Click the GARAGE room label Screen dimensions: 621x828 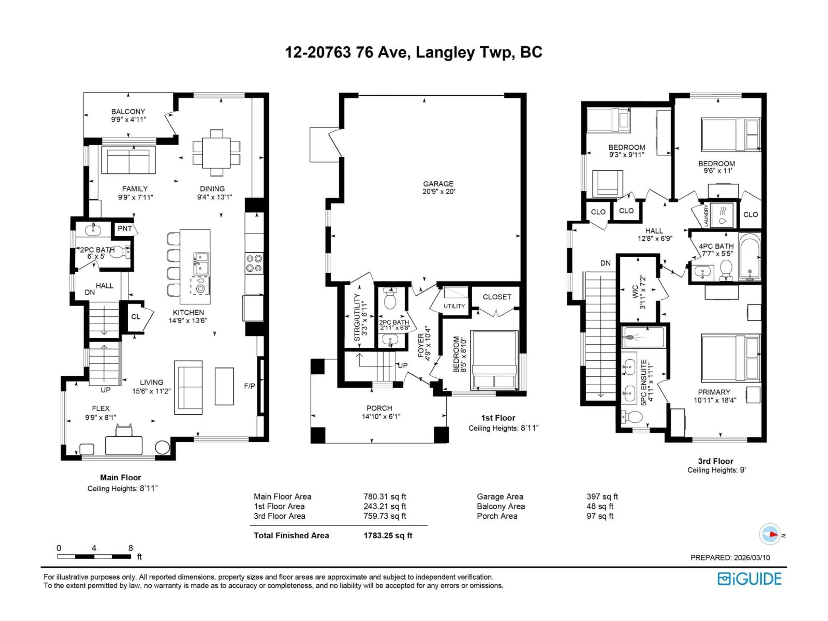[438, 184]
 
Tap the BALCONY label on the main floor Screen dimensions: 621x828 [128, 111]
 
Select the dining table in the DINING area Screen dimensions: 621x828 [216, 153]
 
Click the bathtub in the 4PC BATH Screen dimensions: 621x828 [749, 257]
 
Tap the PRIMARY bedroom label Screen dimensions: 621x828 [714, 392]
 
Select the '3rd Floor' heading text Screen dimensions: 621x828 [715, 461]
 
